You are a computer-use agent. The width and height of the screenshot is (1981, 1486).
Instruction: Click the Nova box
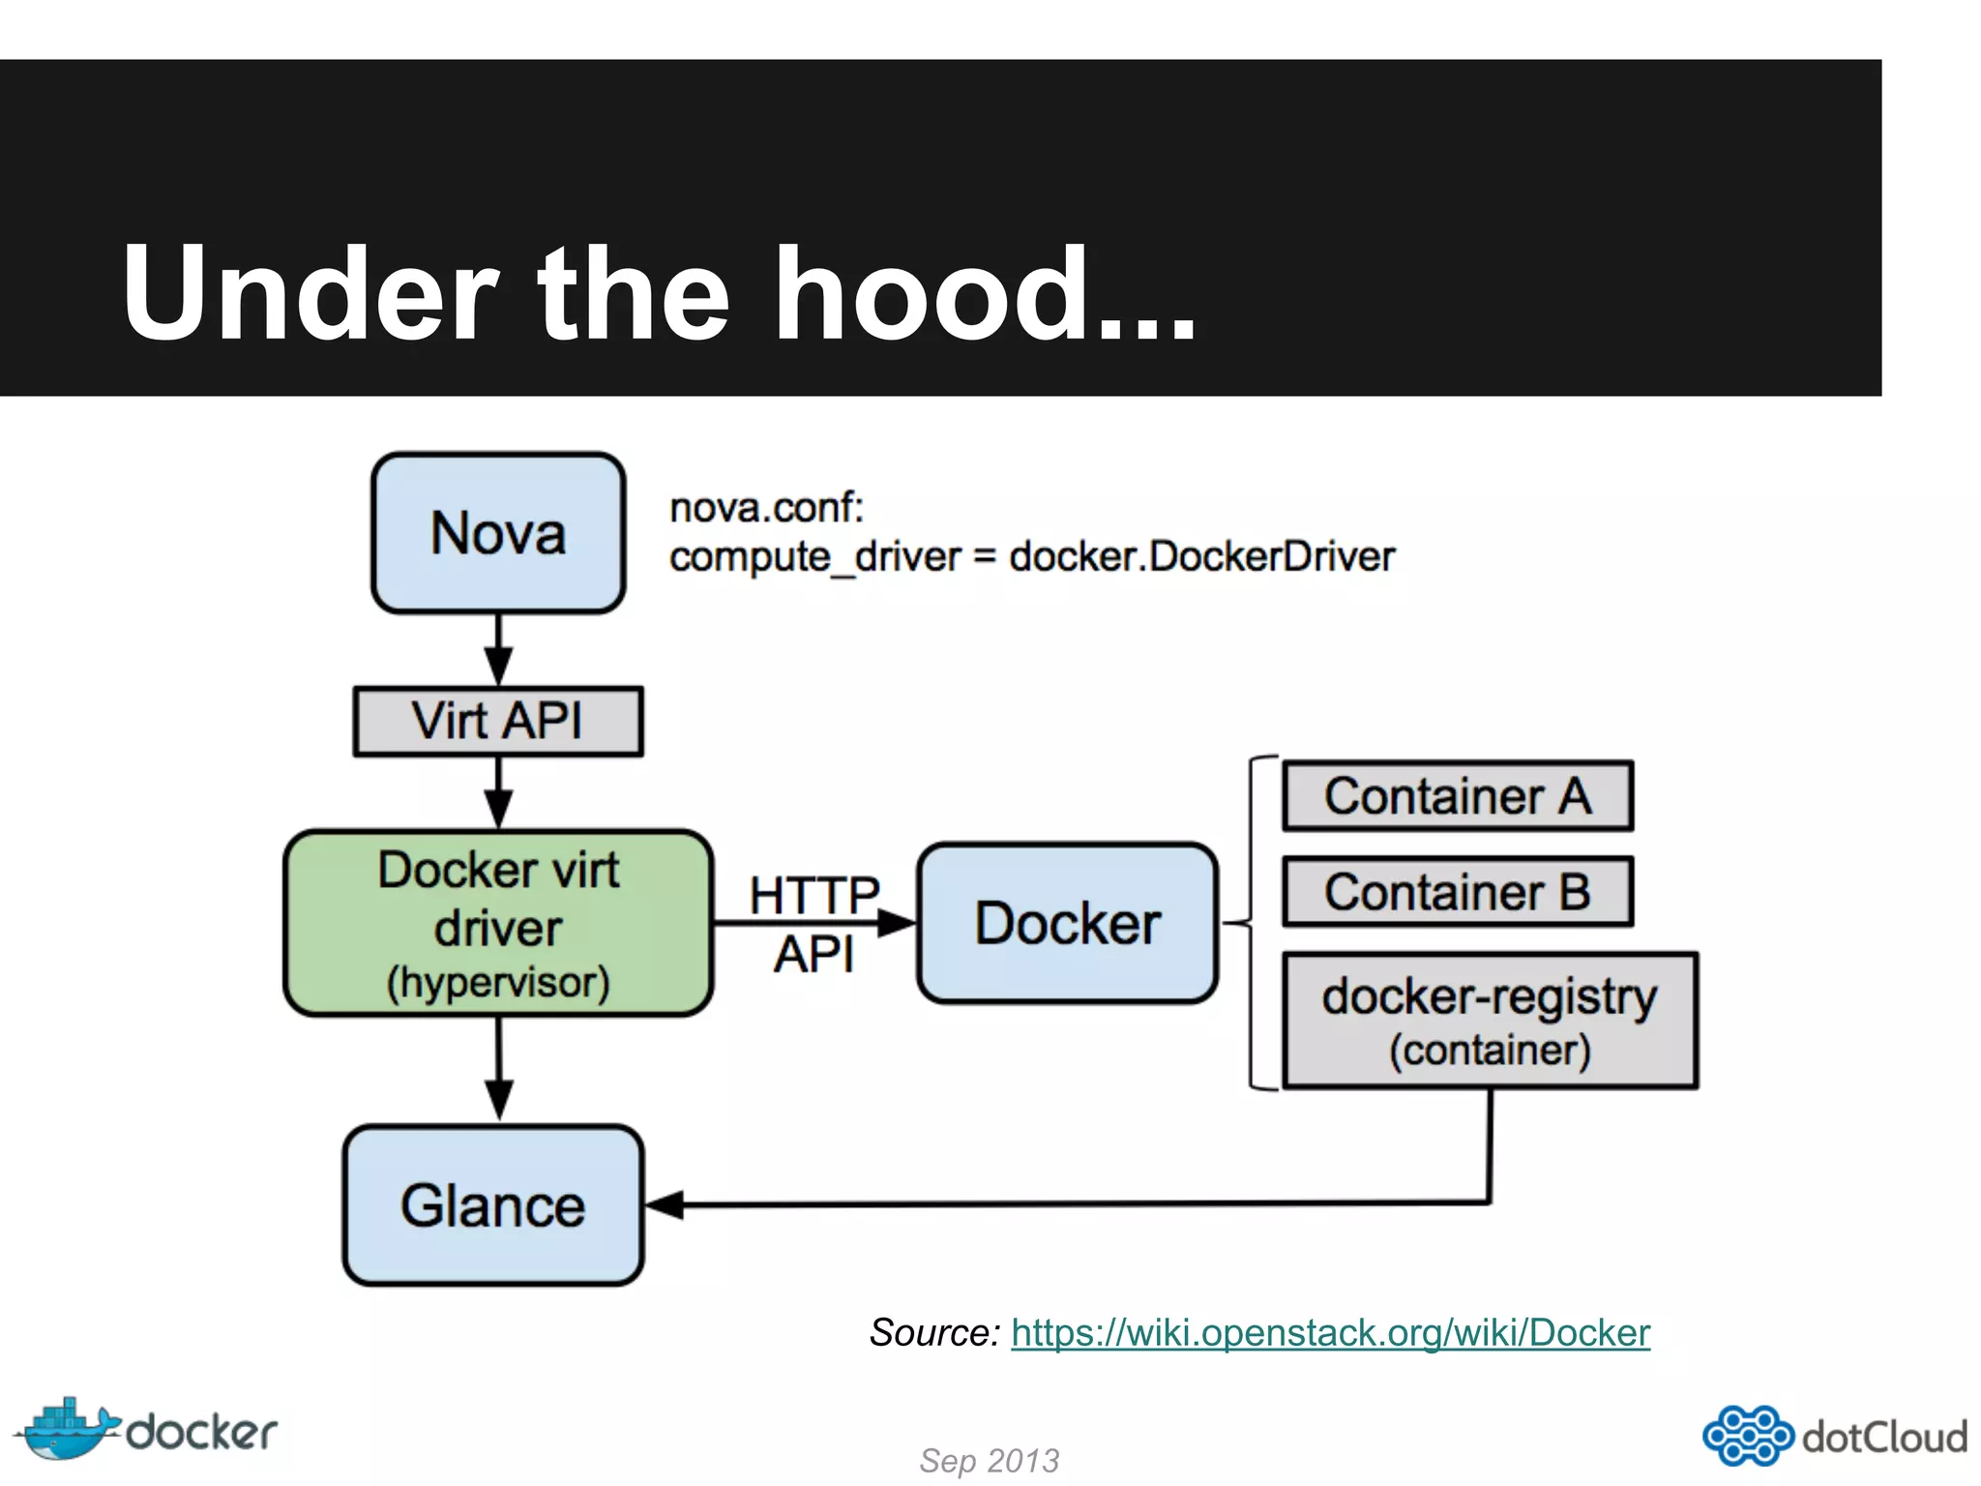click(498, 533)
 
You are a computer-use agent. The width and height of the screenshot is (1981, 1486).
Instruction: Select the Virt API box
click(498, 721)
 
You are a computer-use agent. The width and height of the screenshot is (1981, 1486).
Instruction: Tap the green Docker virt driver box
click(498, 923)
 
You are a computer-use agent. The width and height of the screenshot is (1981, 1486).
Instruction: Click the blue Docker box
click(1067, 923)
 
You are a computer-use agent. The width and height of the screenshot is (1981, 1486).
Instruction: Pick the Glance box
click(493, 1205)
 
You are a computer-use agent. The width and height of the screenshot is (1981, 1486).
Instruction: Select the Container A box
click(1458, 796)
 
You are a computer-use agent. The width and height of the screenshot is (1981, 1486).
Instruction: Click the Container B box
click(1458, 891)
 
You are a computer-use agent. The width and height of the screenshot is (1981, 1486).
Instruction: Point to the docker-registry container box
click(1490, 1021)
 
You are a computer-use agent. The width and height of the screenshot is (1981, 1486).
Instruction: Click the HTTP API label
click(813, 923)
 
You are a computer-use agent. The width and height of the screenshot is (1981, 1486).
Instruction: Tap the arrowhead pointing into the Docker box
click(897, 923)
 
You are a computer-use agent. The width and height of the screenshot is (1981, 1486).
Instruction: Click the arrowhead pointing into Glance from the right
click(665, 1205)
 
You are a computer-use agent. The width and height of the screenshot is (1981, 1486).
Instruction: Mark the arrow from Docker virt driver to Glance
click(498, 1069)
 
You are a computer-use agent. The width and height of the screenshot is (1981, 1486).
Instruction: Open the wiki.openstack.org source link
click(1330, 1333)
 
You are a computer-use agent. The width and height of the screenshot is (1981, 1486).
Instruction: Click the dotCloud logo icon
click(1747, 1436)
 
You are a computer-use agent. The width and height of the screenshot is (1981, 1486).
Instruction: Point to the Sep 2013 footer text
click(989, 1460)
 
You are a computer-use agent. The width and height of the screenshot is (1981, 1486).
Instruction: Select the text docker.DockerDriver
click(1201, 557)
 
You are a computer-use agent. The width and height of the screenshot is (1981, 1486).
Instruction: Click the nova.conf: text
click(766, 507)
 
